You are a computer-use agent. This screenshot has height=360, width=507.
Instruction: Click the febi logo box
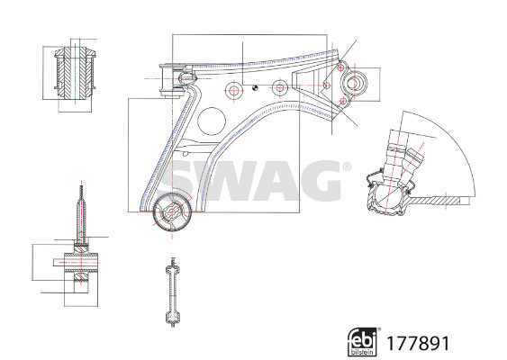[363, 342]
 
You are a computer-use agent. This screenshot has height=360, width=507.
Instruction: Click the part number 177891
[418, 343]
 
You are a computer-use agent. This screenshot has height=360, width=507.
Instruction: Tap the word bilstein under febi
[363, 352]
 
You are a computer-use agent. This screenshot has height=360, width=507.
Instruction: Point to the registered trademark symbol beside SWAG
[347, 166]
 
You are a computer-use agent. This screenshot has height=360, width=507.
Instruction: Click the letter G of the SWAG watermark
[315, 180]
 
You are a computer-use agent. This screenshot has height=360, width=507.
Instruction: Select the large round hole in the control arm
[212, 121]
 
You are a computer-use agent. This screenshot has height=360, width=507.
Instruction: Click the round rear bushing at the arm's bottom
[172, 212]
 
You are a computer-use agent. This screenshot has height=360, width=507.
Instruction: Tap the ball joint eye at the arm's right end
[355, 84]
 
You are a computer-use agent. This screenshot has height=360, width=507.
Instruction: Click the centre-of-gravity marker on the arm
[255, 87]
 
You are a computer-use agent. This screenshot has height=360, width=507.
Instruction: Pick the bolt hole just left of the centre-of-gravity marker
[233, 91]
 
